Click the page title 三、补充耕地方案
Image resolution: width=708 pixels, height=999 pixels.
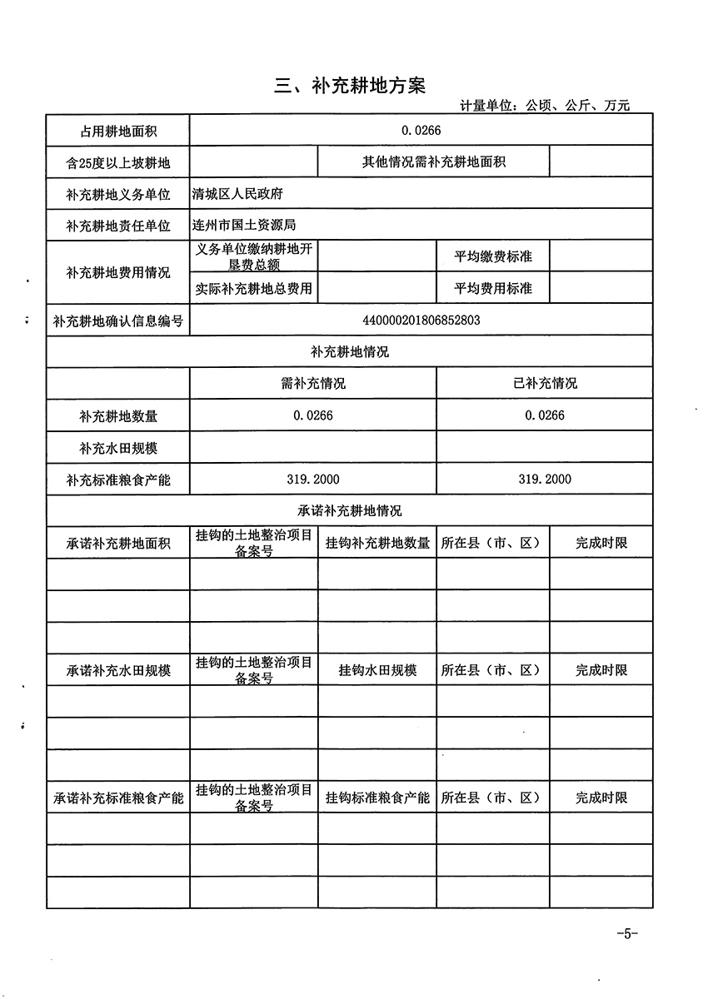pos(350,86)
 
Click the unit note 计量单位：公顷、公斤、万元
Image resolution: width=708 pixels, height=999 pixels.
pos(544,107)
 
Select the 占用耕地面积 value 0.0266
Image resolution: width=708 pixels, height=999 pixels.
pos(421,130)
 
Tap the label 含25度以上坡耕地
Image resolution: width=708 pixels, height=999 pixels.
pos(118,162)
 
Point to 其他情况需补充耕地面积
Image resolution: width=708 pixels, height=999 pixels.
pos(433,162)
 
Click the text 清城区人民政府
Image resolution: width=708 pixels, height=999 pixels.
pos(237,193)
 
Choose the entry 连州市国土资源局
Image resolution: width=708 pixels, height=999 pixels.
pos(244,225)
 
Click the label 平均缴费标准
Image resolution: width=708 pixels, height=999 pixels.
pos(492,257)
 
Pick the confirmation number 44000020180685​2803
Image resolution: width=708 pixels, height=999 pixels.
pos(421,320)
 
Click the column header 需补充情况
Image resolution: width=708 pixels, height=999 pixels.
pos(313,384)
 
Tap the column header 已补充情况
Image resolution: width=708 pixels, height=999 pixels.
pos(545,384)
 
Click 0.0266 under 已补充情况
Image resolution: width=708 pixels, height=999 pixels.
pos(545,415)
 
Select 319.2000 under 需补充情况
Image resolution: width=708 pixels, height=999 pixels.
pos(312,479)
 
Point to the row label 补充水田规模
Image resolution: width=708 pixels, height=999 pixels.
pos(118,447)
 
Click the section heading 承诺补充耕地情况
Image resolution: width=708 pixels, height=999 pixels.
pos(350,511)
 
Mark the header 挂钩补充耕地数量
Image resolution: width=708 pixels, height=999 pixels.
pos(377,543)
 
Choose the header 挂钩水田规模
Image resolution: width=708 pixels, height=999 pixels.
pos(377,670)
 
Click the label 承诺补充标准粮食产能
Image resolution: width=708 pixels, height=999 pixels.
pos(118,798)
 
